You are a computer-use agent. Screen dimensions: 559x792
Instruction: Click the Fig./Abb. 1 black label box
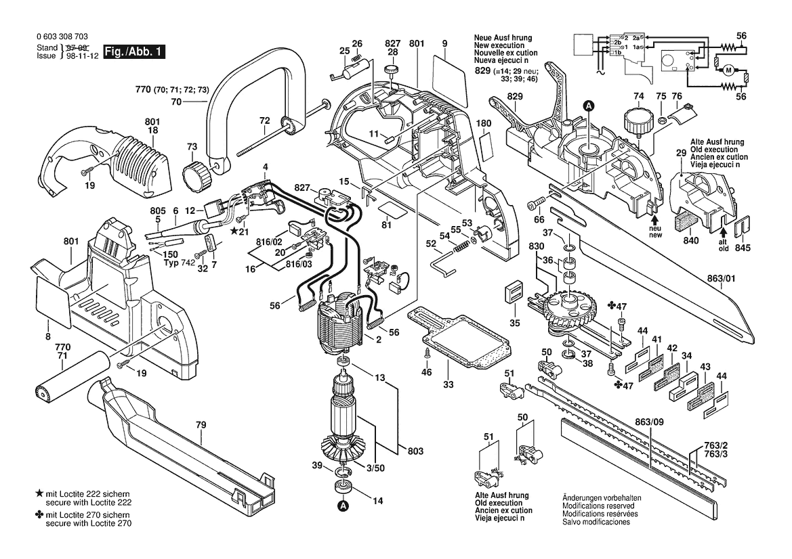(133, 51)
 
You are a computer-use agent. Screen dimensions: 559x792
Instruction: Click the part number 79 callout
(201, 425)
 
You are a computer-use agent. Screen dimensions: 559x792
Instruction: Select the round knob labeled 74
(638, 121)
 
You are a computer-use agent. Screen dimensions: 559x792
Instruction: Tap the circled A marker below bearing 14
(343, 505)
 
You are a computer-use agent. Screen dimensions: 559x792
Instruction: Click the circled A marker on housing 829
(589, 106)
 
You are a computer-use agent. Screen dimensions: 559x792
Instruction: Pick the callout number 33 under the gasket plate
(449, 384)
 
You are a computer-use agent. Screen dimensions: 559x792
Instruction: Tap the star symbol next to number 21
(234, 231)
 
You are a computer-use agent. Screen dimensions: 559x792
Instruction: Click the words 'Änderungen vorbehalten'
(602, 497)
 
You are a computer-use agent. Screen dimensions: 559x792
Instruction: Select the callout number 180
(484, 124)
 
